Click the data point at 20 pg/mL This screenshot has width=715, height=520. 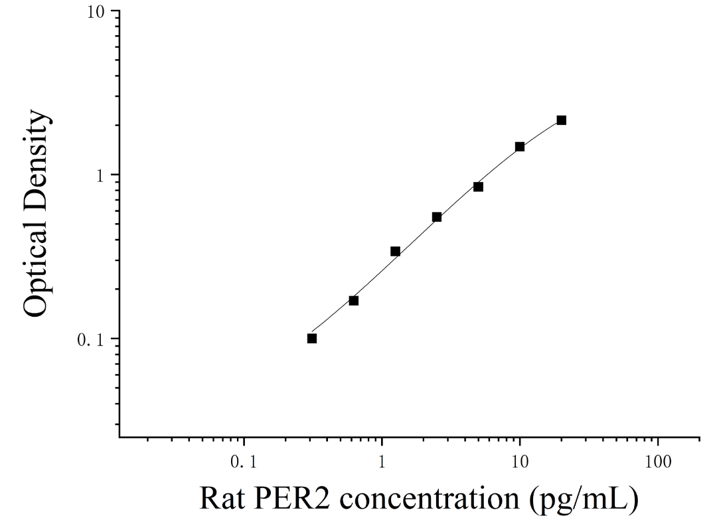pyautogui.click(x=562, y=120)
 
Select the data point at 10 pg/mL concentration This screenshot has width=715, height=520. pyautogui.click(x=520, y=146)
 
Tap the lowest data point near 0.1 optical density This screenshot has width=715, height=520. pyautogui.click(x=312, y=338)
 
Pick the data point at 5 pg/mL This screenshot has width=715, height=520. pyautogui.click(x=479, y=187)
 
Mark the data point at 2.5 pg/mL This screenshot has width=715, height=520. pyautogui.click(x=437, y=217)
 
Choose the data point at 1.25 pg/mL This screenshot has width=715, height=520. pyautogui.click(x=396, y=251)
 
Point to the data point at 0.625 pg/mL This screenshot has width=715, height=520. pyautogui.click(x=354, y=300)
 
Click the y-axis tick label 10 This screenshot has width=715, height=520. pyautogui.click(x=96, y=12)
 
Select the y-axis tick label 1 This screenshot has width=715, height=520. pyautogui.click(x=100, y=175)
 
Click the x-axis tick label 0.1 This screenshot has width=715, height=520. pyautogui.click(x=244, y=462)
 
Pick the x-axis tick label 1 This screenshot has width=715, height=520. pyautogui.click(x=382, y=462)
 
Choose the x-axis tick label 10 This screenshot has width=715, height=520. pyautogui.click(x=519, y=462)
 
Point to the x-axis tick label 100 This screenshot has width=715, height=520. pyautogui.click(x=658, y=462)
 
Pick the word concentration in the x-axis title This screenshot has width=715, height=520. pyautogui.click(x=430, y=499)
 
